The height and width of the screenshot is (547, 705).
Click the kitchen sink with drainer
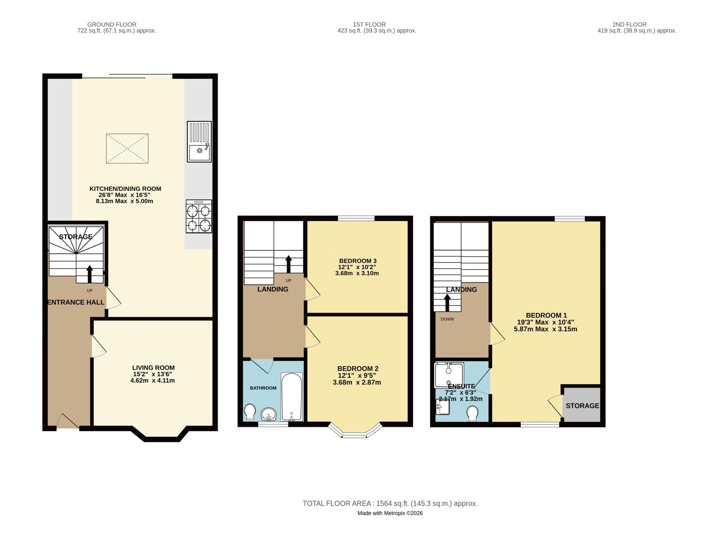point(199,142)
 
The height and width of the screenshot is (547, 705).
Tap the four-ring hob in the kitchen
point(199,216)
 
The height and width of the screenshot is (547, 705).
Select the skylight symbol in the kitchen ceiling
point(127,148)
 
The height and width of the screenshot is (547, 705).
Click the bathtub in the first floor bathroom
point(292,397)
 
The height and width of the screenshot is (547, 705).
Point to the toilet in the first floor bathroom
point(250,412)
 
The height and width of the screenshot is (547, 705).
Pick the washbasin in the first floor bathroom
point(268,414)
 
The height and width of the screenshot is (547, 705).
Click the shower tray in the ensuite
point(449,375)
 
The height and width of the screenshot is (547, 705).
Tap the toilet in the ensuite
point(472,413)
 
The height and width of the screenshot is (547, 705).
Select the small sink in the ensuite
point(443,407)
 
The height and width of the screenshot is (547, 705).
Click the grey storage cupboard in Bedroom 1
point(581,405)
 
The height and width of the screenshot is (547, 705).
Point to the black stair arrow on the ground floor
point(90,274)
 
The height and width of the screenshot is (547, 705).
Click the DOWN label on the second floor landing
point(447,319)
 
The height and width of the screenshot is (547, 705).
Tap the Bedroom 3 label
point(358,261)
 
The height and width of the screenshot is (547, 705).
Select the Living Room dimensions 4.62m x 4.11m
point(152,381)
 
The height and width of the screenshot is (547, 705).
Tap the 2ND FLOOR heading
point(629,25)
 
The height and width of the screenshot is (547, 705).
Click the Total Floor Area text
point(390,503)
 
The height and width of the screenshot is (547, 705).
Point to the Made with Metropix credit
point(390,513)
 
